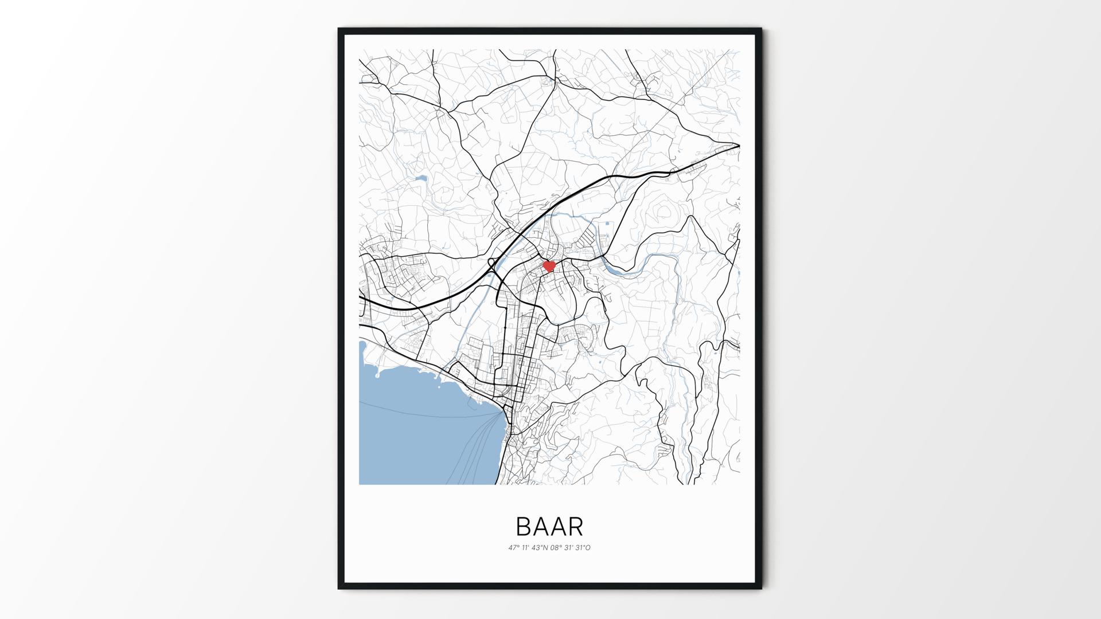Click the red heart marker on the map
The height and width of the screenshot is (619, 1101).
click(549, 266)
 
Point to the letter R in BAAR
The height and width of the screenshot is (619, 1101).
click(576, 526)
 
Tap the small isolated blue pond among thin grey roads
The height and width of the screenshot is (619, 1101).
click(421, 179)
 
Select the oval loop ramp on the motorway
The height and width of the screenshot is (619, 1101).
click(491, 264)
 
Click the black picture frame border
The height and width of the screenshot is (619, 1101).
click(341, 309)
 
